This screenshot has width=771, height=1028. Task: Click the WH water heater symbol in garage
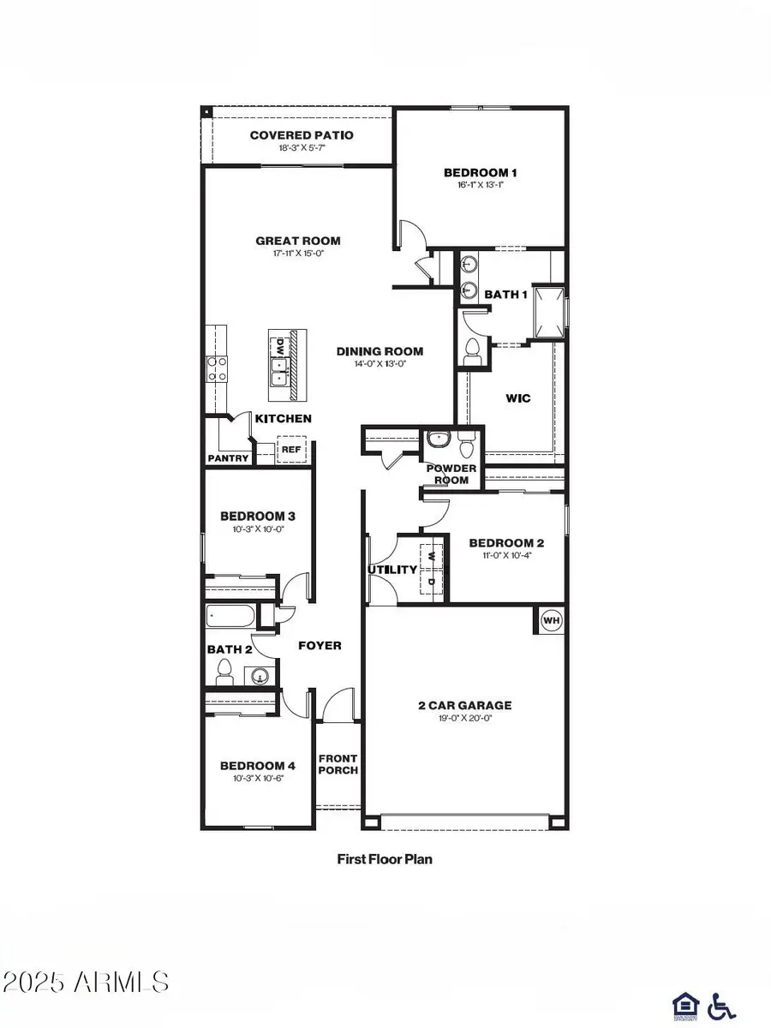pos(551,620)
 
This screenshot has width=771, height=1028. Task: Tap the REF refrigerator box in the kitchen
pos(291,449)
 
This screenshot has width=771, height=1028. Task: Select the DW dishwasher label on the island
pos(279,347)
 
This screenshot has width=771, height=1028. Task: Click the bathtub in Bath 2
pos(230,617)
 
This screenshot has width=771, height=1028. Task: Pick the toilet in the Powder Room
pos(467,444)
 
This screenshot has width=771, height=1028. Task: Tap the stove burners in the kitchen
pos(216,368)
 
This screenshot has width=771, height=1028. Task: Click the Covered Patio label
pos(302,135)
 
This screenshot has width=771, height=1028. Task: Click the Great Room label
pos(298,241)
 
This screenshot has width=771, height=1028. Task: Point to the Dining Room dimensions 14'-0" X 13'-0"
pos(380,363)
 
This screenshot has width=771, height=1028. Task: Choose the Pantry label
pos(228,458)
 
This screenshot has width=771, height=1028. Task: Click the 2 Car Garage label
pos(465,706)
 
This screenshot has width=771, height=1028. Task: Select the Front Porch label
pos(338,764)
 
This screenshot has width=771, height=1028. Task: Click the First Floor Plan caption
pos(385,858)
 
